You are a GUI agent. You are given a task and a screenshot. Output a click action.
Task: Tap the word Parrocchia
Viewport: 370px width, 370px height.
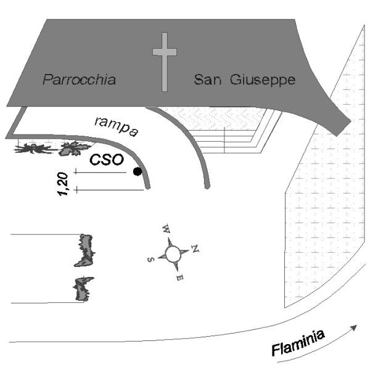[x=80, y=80]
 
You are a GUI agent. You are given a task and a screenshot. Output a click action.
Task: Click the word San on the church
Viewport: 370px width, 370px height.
[x=205, y=80]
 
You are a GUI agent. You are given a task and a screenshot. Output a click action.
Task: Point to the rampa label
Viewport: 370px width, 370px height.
[x=116, y=125]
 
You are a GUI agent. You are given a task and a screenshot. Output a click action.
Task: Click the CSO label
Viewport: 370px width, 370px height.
[x=108, y=159]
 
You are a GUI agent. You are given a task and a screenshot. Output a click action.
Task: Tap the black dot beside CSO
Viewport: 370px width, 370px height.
[x=138, y=171]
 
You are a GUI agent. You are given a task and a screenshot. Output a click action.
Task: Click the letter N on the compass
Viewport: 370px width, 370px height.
[x=195, y=249]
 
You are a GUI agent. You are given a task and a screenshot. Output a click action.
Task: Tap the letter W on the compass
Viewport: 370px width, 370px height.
[x=165, y=229]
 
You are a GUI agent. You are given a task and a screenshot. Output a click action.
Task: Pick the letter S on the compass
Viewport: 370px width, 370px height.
[x=150, y=259]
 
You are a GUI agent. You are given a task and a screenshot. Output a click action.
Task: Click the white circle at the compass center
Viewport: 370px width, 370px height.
[x=173, y=253]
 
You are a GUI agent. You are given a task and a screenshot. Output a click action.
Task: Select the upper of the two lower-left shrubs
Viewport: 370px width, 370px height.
[x=85, y=249]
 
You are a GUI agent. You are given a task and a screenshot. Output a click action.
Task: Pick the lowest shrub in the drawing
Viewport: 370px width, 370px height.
[x=83, y=289]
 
